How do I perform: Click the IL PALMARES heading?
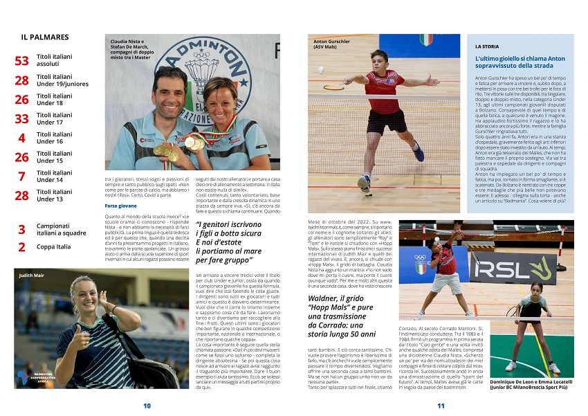click(x=45, y=37)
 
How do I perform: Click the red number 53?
click(x=22, y=61)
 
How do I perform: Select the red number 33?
click(x=22, y=119)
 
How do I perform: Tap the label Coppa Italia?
click(x=54, y=246)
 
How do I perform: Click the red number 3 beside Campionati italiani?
click(x=22, y=229)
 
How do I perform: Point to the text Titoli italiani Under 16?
click(x=54, y=138)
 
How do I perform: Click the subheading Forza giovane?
click(x=120, y=206)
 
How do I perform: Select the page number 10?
click(x=147, y=406)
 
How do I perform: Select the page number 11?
click(x=441, y=406)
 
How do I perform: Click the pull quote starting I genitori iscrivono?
click(x=230, y=242)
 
